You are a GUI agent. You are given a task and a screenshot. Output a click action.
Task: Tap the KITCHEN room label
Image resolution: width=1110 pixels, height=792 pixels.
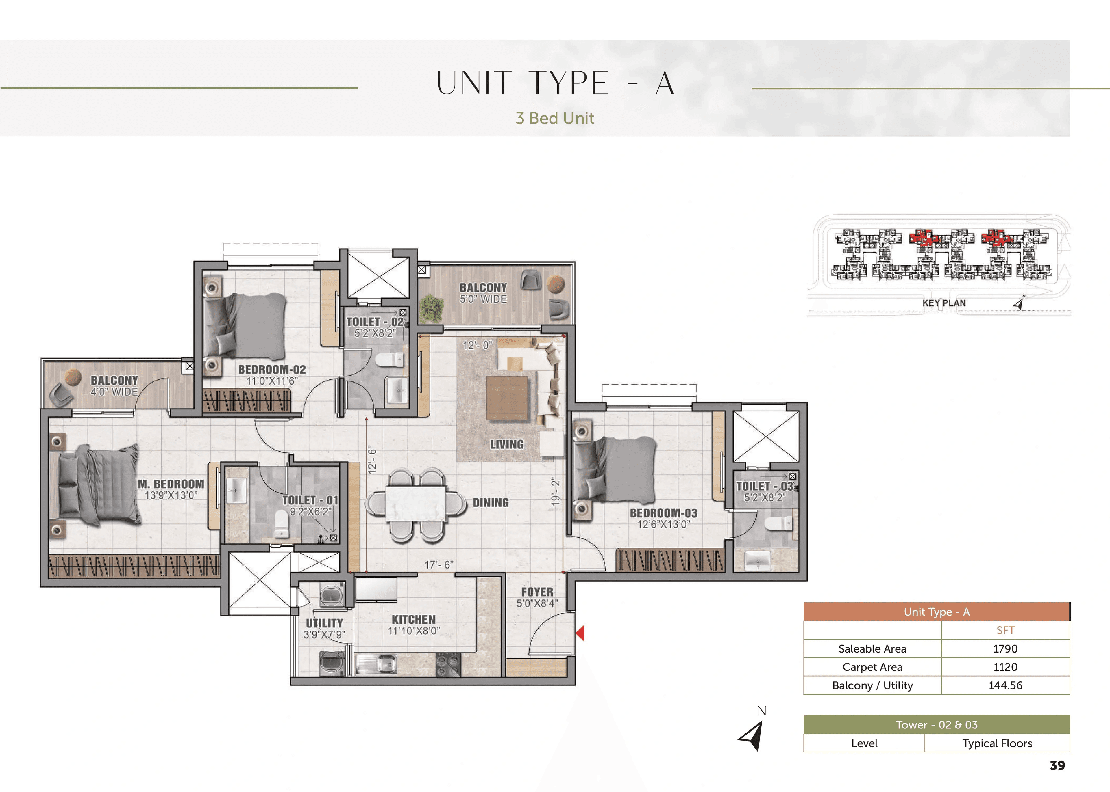coord(413,619)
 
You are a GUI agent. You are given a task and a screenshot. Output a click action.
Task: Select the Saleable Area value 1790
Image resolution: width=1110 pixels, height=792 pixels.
coord(1005,648)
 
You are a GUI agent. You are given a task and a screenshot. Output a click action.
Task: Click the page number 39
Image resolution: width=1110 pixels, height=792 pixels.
coord(1057,765)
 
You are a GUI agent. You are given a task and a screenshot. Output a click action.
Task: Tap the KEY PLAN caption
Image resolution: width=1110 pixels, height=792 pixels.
coord(943,303)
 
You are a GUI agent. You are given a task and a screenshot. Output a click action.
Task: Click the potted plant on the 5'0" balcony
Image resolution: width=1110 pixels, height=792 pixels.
coord(432,308)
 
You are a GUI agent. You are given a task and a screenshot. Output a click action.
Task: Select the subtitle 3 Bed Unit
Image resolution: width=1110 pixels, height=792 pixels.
coord(555,118)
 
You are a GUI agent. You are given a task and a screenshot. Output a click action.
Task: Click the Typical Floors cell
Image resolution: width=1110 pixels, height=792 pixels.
coord(997,743)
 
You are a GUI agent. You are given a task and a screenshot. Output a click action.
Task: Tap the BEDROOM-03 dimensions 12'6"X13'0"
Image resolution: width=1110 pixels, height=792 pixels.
coord(663,525)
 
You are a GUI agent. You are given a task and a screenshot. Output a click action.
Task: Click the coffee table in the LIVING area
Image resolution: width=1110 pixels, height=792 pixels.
coord(507,398)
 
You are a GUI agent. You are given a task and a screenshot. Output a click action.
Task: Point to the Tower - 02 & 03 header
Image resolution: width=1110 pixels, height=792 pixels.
coord(936,725)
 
